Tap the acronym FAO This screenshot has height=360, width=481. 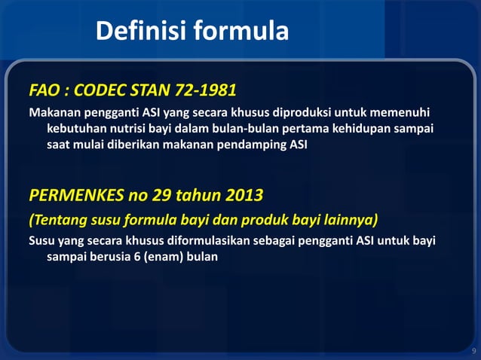point(46,92)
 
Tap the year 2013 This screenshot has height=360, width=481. point(244,197)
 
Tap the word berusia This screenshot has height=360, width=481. point(115,258)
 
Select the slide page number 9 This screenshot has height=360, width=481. point(473,351)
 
